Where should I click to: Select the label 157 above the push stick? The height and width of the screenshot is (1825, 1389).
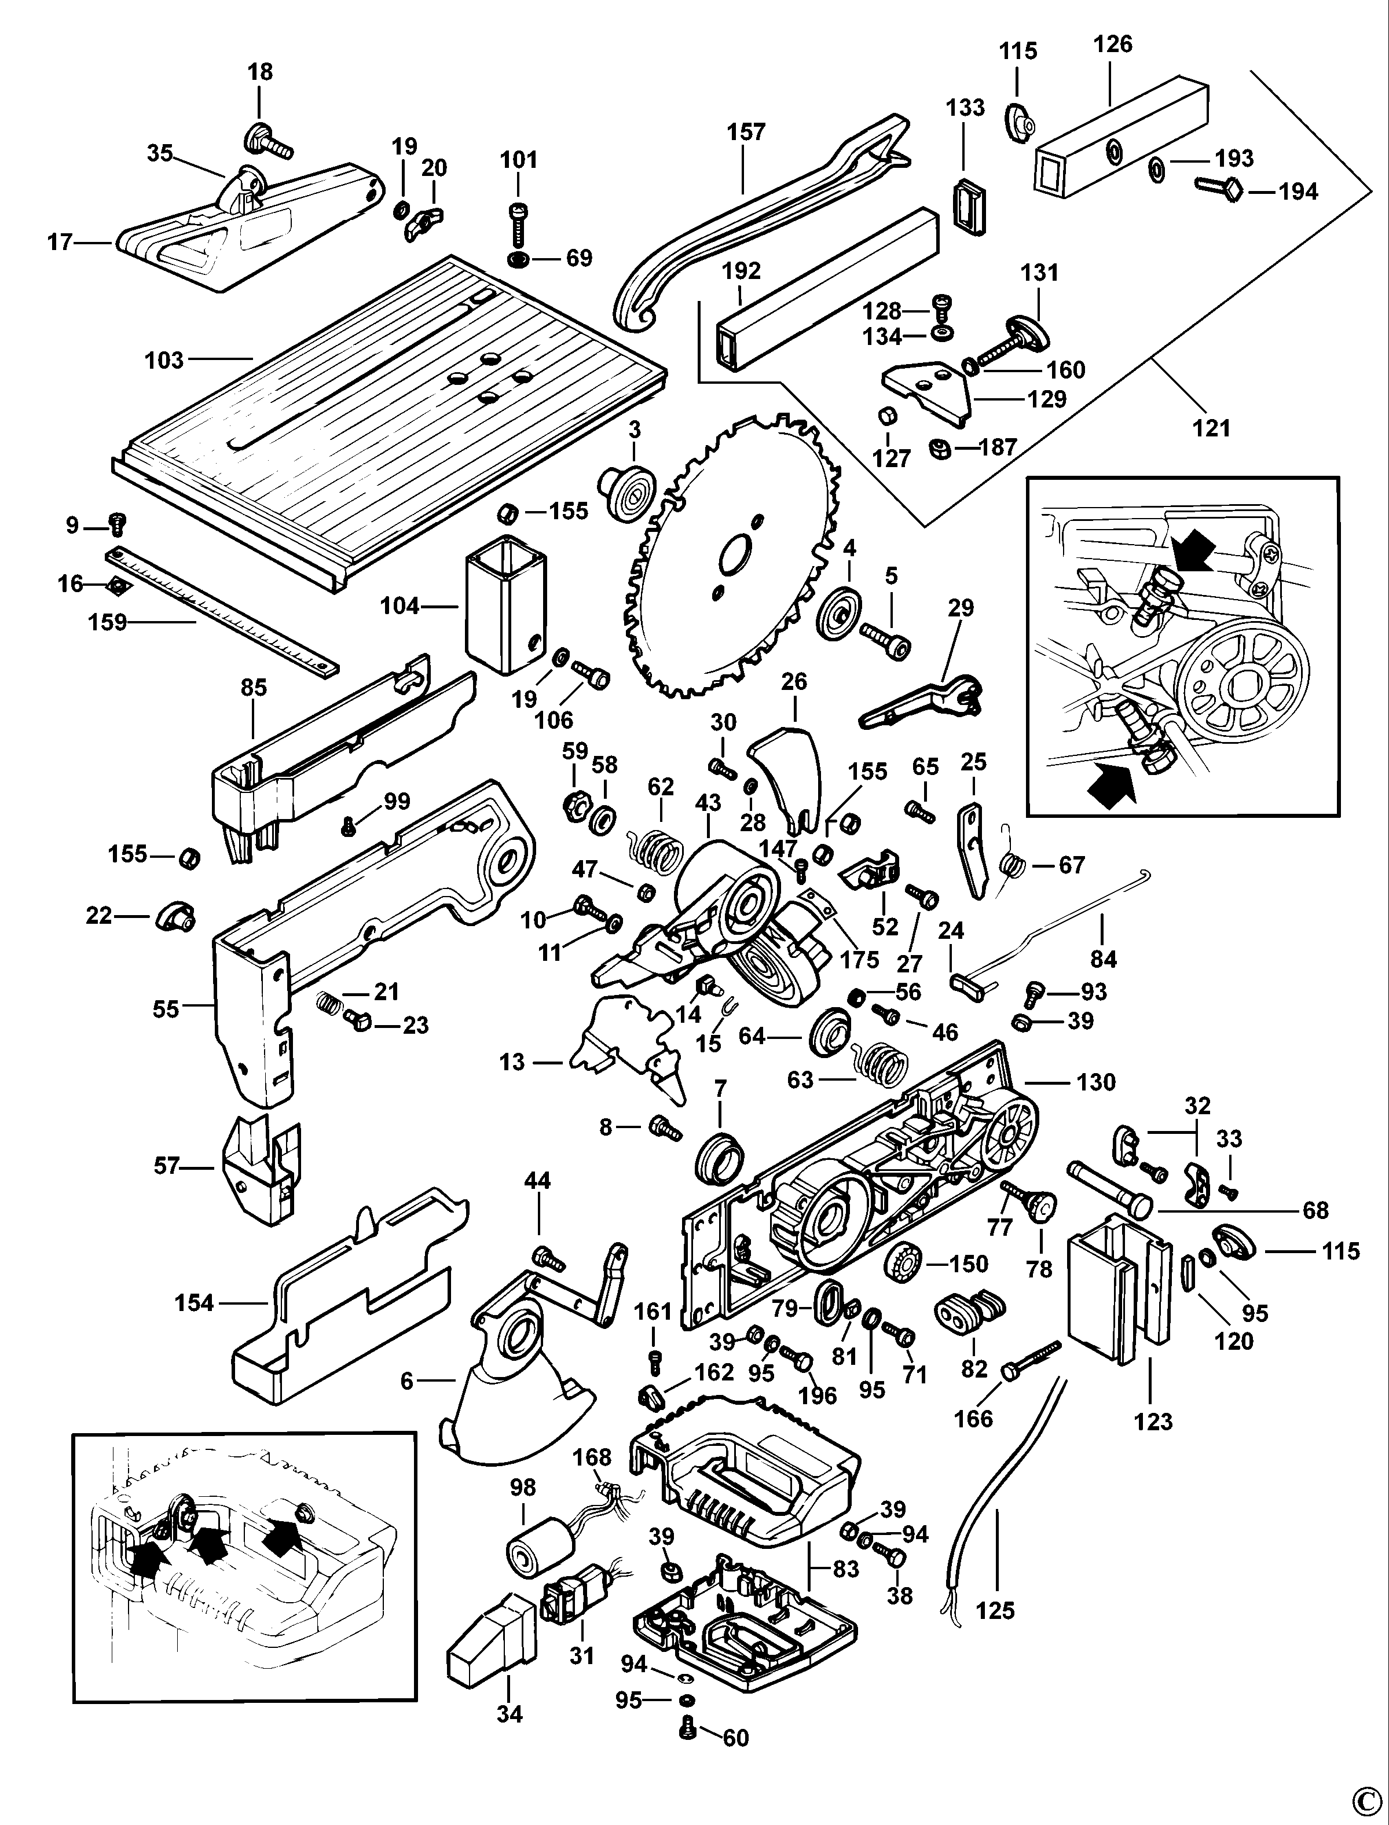coord(746,132)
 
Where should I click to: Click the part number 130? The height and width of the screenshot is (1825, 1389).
coord(1096,1081)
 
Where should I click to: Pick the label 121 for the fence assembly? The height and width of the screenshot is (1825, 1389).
coord(1211,428)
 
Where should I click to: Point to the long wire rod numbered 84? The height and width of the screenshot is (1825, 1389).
coord(1067,916)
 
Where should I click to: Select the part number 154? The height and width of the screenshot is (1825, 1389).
coord(193,1303)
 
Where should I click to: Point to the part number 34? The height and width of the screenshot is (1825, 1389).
coord(510,1713)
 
